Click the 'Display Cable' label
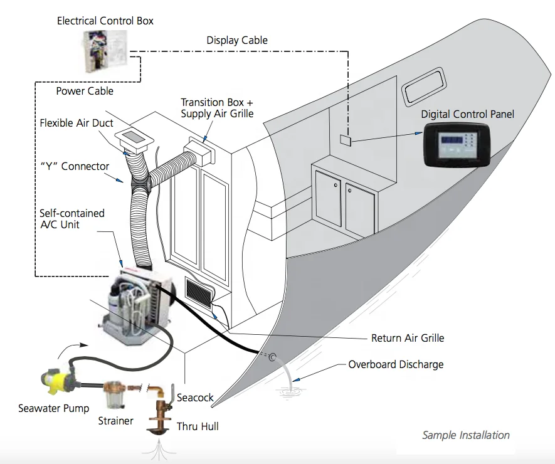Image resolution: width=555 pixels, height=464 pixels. click(236, 40)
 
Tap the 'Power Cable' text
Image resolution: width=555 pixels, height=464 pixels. click(85, 91)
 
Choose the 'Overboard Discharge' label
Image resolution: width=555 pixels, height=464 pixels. click(396, 364)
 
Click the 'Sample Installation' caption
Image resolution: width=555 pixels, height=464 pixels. click(465, 435)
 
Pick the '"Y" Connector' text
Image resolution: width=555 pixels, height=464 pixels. click(75, 167)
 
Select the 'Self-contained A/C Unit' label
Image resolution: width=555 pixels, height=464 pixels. click(72, 218)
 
